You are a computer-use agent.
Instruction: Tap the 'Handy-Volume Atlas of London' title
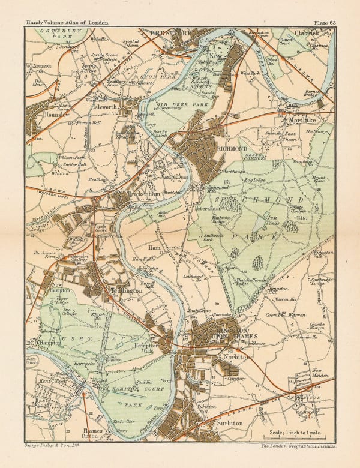pos(62,23)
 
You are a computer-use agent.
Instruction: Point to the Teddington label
pos(127,290)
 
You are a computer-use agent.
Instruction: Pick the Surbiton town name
pos(226,424)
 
